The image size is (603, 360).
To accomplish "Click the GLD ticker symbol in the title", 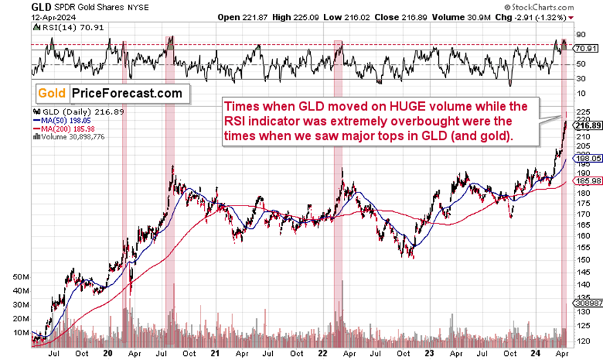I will [x=16, y=7].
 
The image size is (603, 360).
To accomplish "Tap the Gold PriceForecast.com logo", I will [x=110, y=93].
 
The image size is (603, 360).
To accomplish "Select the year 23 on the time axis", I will [x=428, y=349].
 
